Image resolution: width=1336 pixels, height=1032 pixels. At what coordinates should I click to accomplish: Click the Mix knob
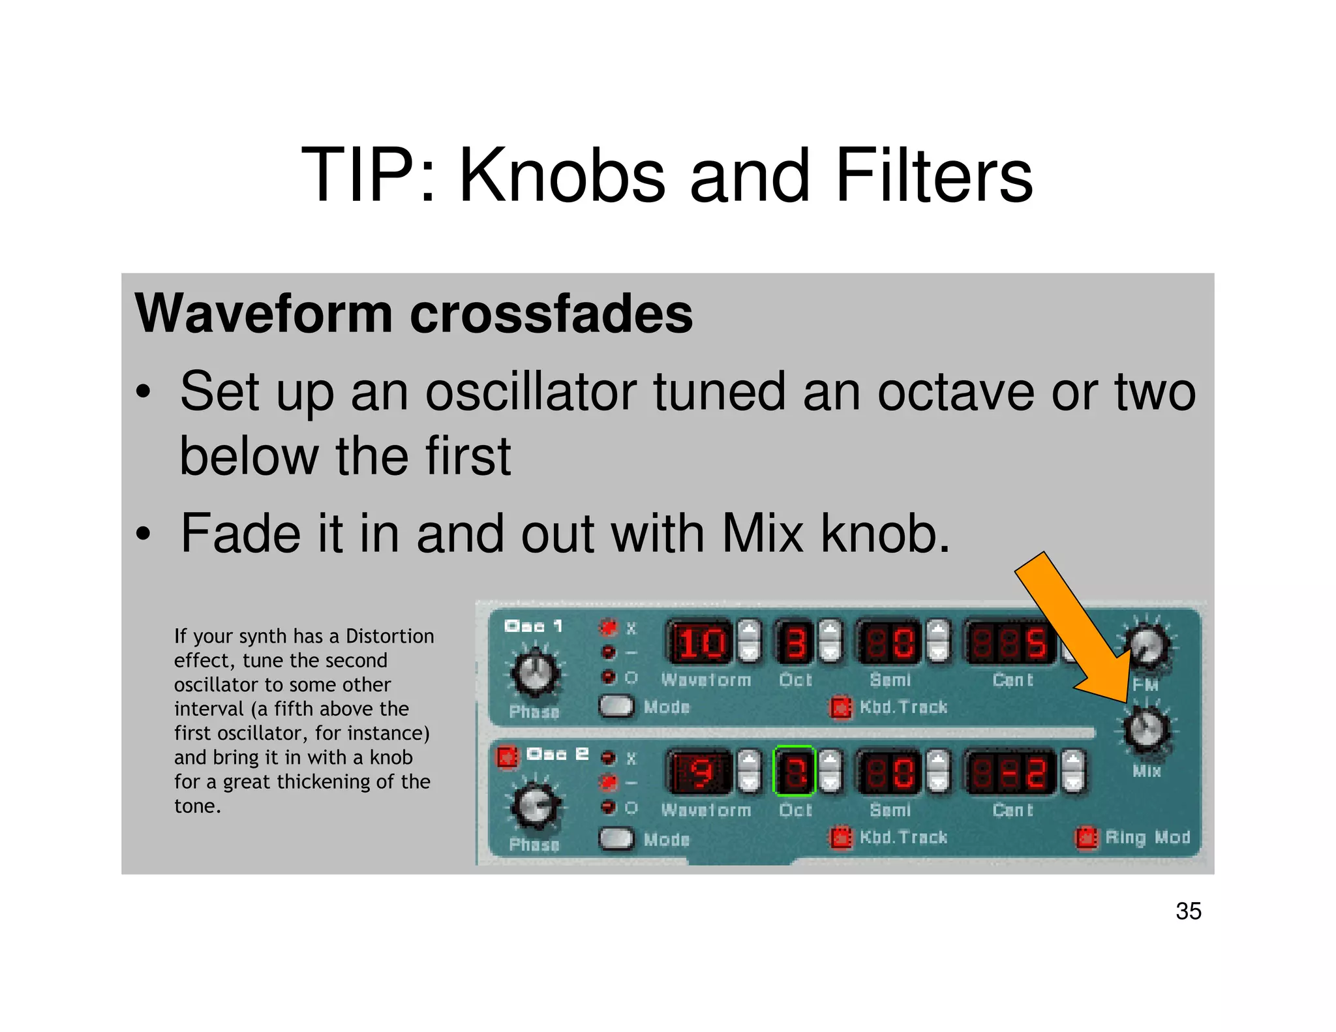[x=1146, y=729]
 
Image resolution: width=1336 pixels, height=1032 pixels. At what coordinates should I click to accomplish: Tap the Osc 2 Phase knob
[x=535, y=805]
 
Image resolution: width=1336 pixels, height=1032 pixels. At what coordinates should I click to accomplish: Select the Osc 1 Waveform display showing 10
[x=700, y=643]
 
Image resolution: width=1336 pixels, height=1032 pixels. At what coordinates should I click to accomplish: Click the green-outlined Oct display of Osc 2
[x=795, y=772]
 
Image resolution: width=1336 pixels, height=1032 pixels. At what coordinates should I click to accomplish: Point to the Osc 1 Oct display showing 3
[x=795, y=643]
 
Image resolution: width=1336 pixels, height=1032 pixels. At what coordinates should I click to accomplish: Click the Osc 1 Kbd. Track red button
[x=840, y=708]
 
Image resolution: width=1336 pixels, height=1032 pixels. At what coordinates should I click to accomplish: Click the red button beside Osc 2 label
[x=506, y=757]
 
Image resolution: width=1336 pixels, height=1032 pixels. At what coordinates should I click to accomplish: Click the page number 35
[x=1188, y=911]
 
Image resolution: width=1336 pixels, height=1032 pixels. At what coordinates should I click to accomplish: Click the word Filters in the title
[x=934, y=176]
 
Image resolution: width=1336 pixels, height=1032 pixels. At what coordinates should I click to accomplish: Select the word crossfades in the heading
[x=551, y=314]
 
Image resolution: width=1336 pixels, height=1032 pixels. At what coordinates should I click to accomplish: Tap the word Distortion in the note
[x=389, y=636]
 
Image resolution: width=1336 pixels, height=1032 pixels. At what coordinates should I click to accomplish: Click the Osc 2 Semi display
[x=888, y=772]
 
